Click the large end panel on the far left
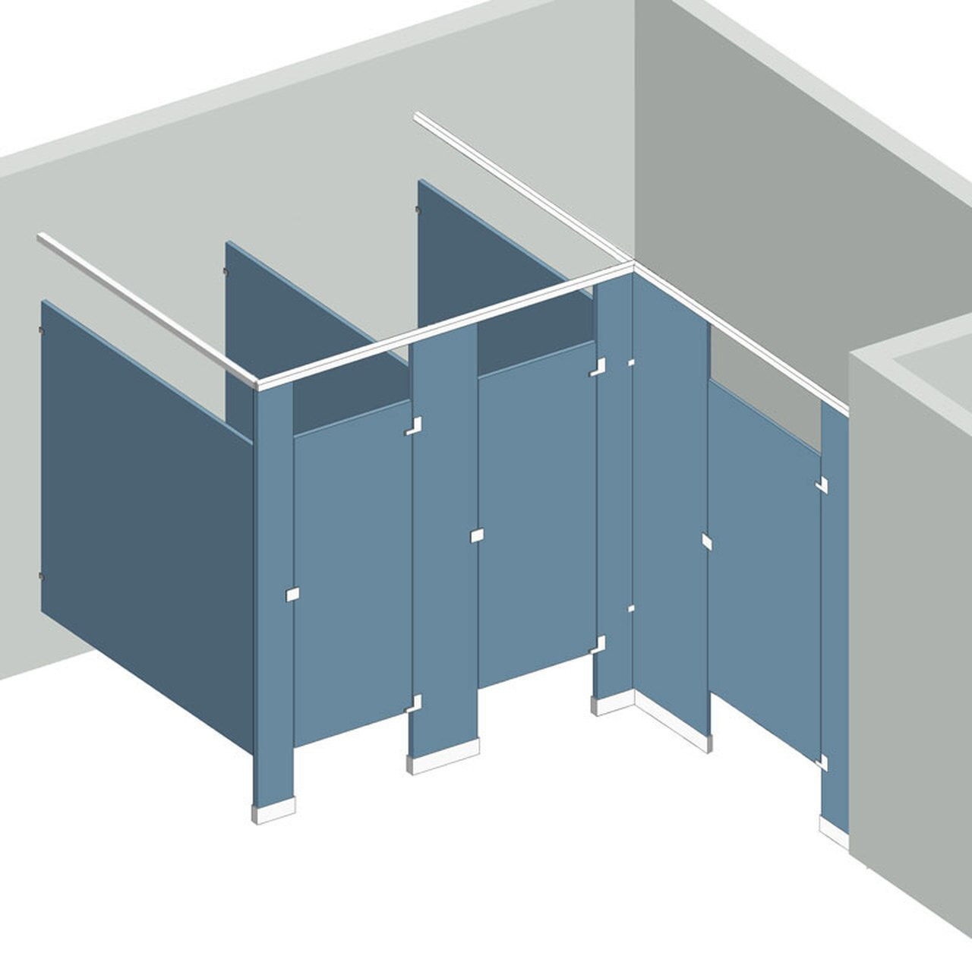click(x=144, y=524)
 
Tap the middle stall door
click(x=536, y=516)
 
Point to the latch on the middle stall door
click(x=477, y=536)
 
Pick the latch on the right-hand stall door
click(x=707, y=541)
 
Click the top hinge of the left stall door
click(x=414, y=426)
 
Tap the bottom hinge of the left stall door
click(x=414, y=702)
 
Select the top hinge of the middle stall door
click(x=598, y=367)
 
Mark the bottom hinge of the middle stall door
click(x=598, y=645)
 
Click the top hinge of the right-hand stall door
click(x=822, y=483)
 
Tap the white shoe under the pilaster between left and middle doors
click(x=444, y=762)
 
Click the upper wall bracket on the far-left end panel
click(x=40, y=329)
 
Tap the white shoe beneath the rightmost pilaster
click(x=834, y=828)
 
